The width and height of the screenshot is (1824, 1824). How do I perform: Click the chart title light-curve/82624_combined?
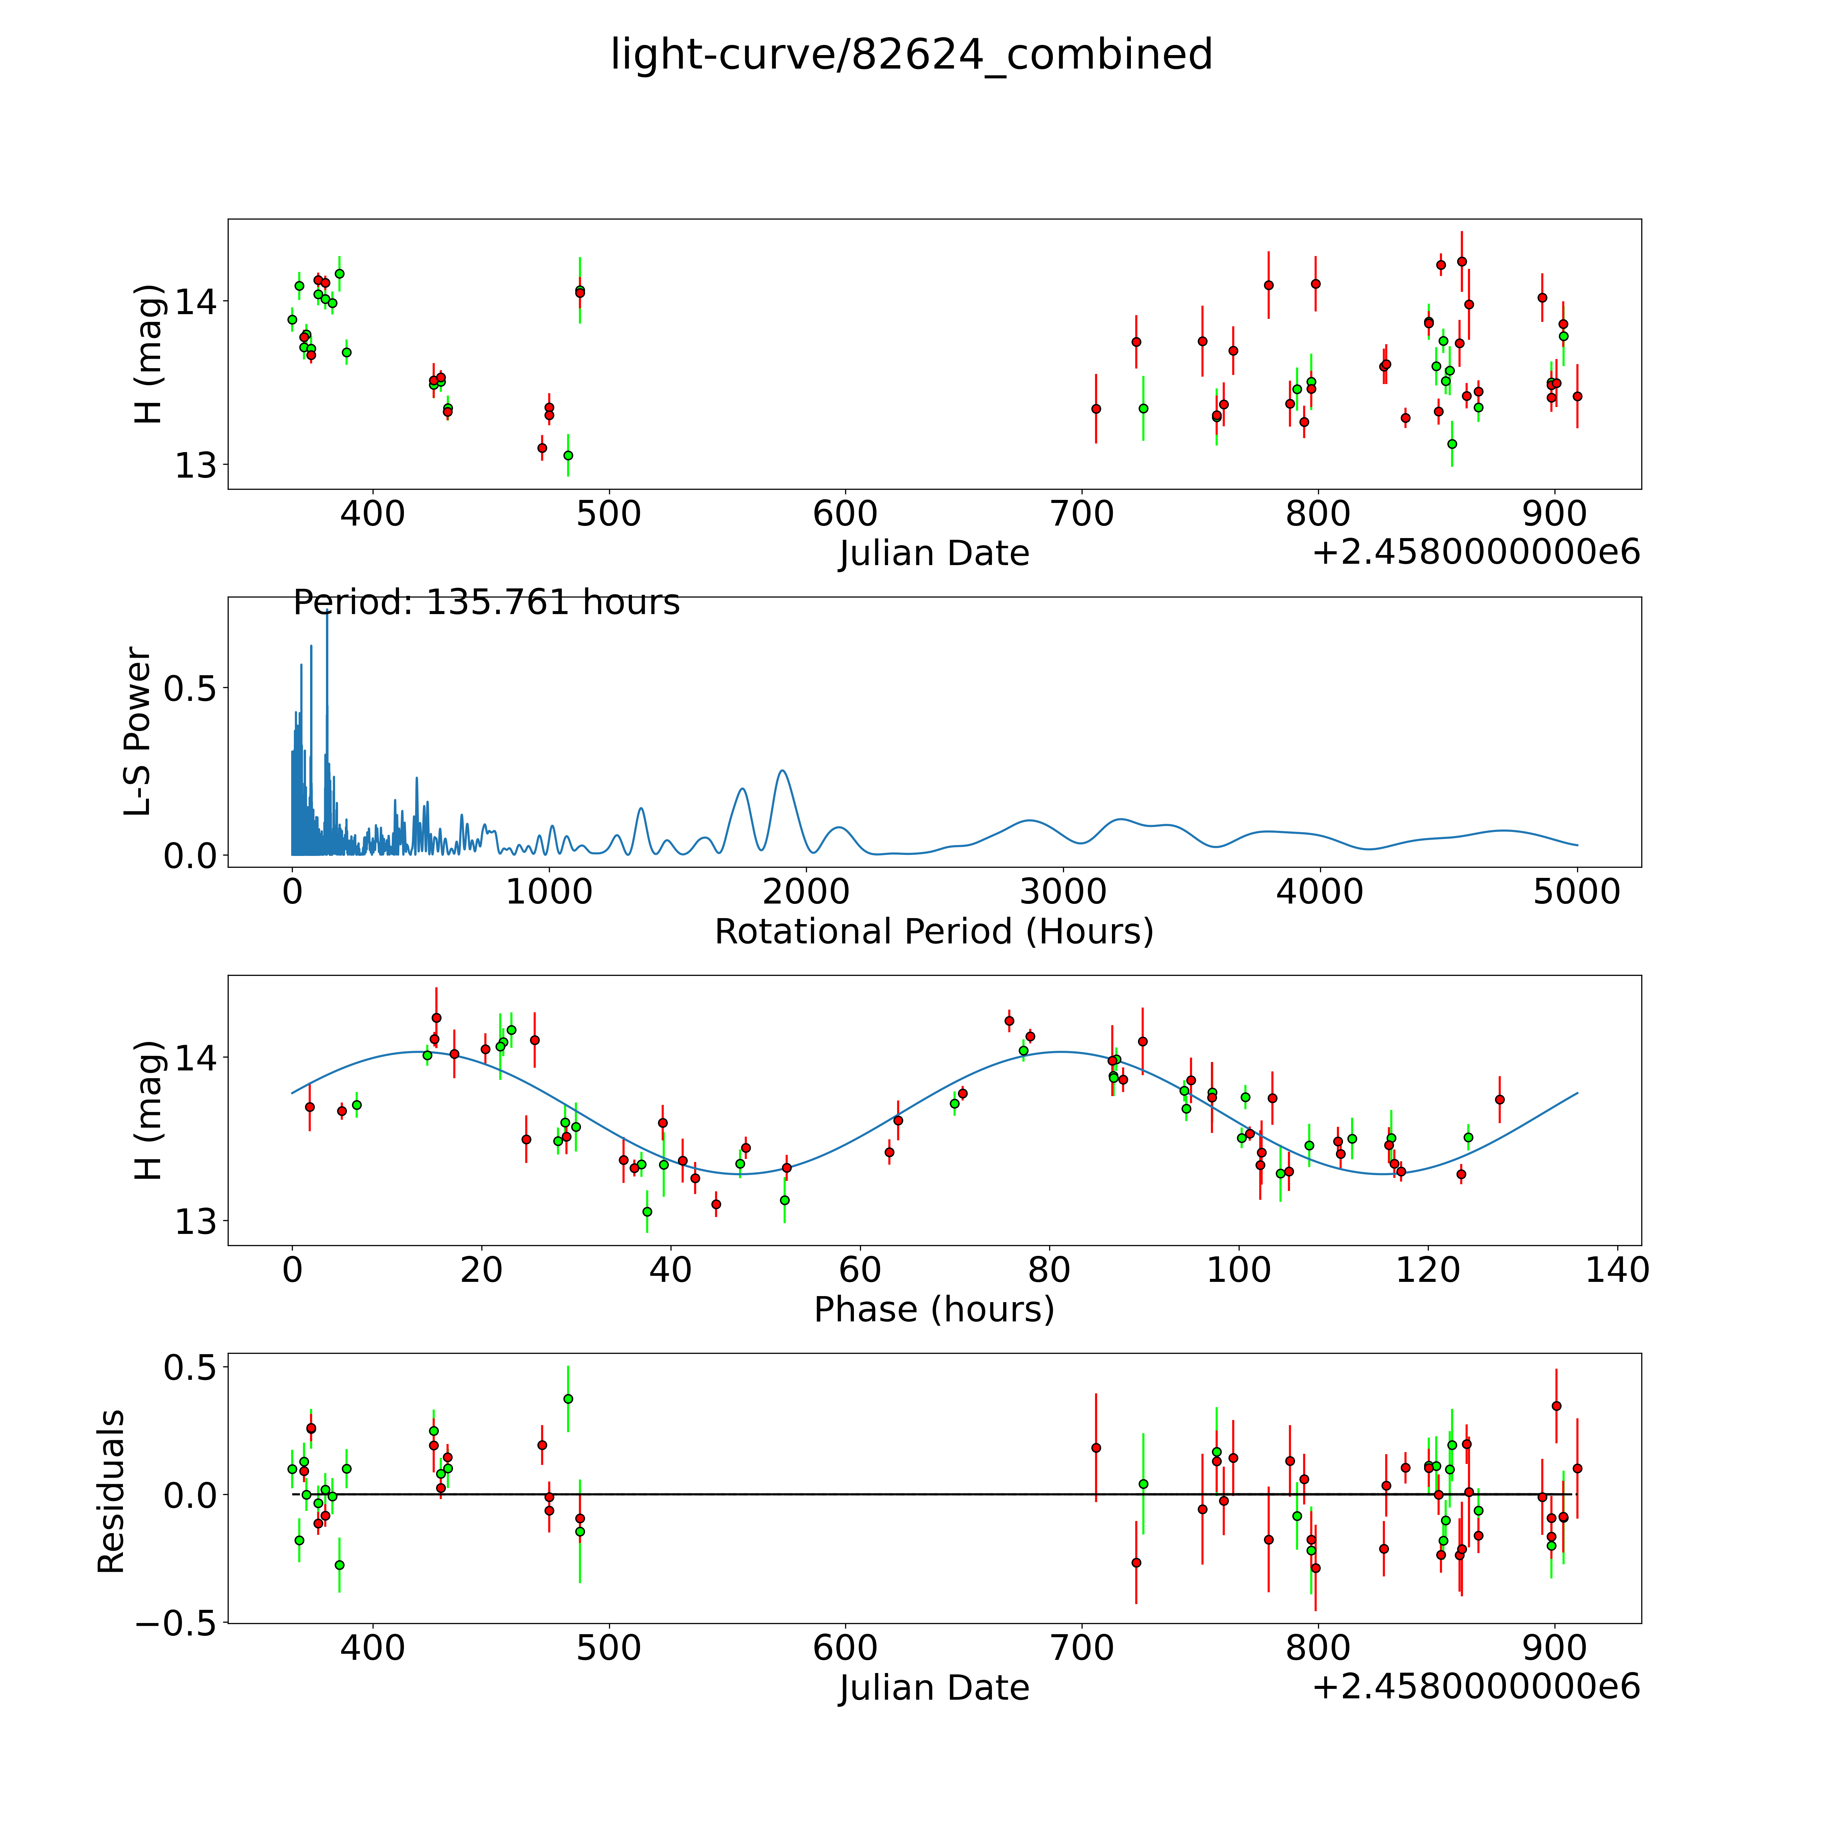911,55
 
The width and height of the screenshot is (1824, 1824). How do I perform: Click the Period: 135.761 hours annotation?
486,602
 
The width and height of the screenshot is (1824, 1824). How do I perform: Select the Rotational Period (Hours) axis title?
934,932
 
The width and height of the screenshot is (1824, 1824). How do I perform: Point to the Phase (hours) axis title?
934,1310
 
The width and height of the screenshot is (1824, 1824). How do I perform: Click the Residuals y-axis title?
111,1492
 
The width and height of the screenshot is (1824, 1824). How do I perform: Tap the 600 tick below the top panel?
845,514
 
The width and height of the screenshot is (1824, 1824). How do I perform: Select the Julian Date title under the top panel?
934,553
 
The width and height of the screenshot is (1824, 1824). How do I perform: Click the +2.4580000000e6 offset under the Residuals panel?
1476,1686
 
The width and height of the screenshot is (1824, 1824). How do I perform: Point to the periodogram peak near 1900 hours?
782,771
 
